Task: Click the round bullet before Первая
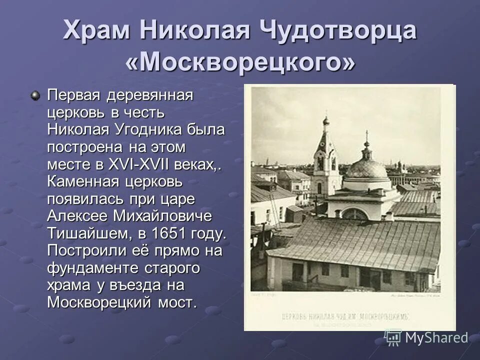tap(35, 95)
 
